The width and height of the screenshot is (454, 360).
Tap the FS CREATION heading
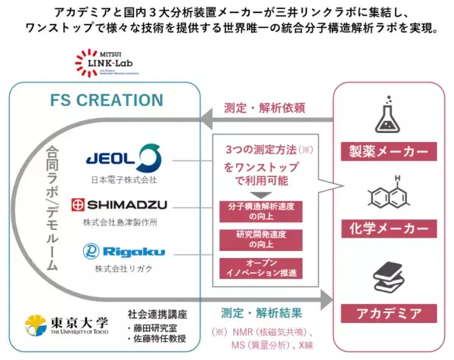[106, 101]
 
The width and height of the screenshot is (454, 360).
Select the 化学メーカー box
[389, 228]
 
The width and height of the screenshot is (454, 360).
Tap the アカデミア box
[389, 311]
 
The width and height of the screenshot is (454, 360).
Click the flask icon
[389, 114]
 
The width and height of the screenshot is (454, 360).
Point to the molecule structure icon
[389, 192]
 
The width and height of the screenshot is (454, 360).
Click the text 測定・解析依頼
[264, 108]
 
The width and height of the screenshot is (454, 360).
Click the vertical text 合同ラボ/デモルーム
[52, 208]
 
